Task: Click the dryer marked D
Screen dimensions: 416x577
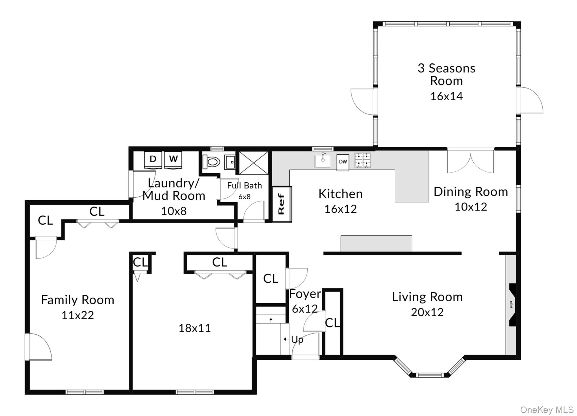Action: click(x=153, y=160)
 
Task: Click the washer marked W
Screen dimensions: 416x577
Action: click(x=173, y=160)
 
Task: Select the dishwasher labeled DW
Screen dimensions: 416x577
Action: click(x=343, y=162)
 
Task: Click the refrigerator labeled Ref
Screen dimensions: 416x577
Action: click(x=281, y=204)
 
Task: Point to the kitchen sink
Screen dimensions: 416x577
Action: click(x=323, y=161)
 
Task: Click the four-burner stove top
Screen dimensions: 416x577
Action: click(x=363, y=160)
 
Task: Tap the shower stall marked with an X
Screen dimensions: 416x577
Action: click(x=254, y=163)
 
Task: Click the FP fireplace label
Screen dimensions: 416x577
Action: click(x=511, y=305)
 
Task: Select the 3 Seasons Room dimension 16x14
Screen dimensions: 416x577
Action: click(x=446, y=96)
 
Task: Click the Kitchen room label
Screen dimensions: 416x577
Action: click(x=340, y=194)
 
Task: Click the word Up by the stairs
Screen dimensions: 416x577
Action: click(x=297, y=340)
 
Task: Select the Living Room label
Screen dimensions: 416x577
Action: click(x=427, y=297)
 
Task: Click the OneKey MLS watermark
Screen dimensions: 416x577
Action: click(x=547, y=410)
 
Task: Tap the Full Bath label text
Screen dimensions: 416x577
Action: click(x=244, y=186)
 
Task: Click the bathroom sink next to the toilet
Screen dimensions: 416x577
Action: click(x=230, y=162)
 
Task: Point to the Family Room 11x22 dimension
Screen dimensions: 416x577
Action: click(x=77, y=315)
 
